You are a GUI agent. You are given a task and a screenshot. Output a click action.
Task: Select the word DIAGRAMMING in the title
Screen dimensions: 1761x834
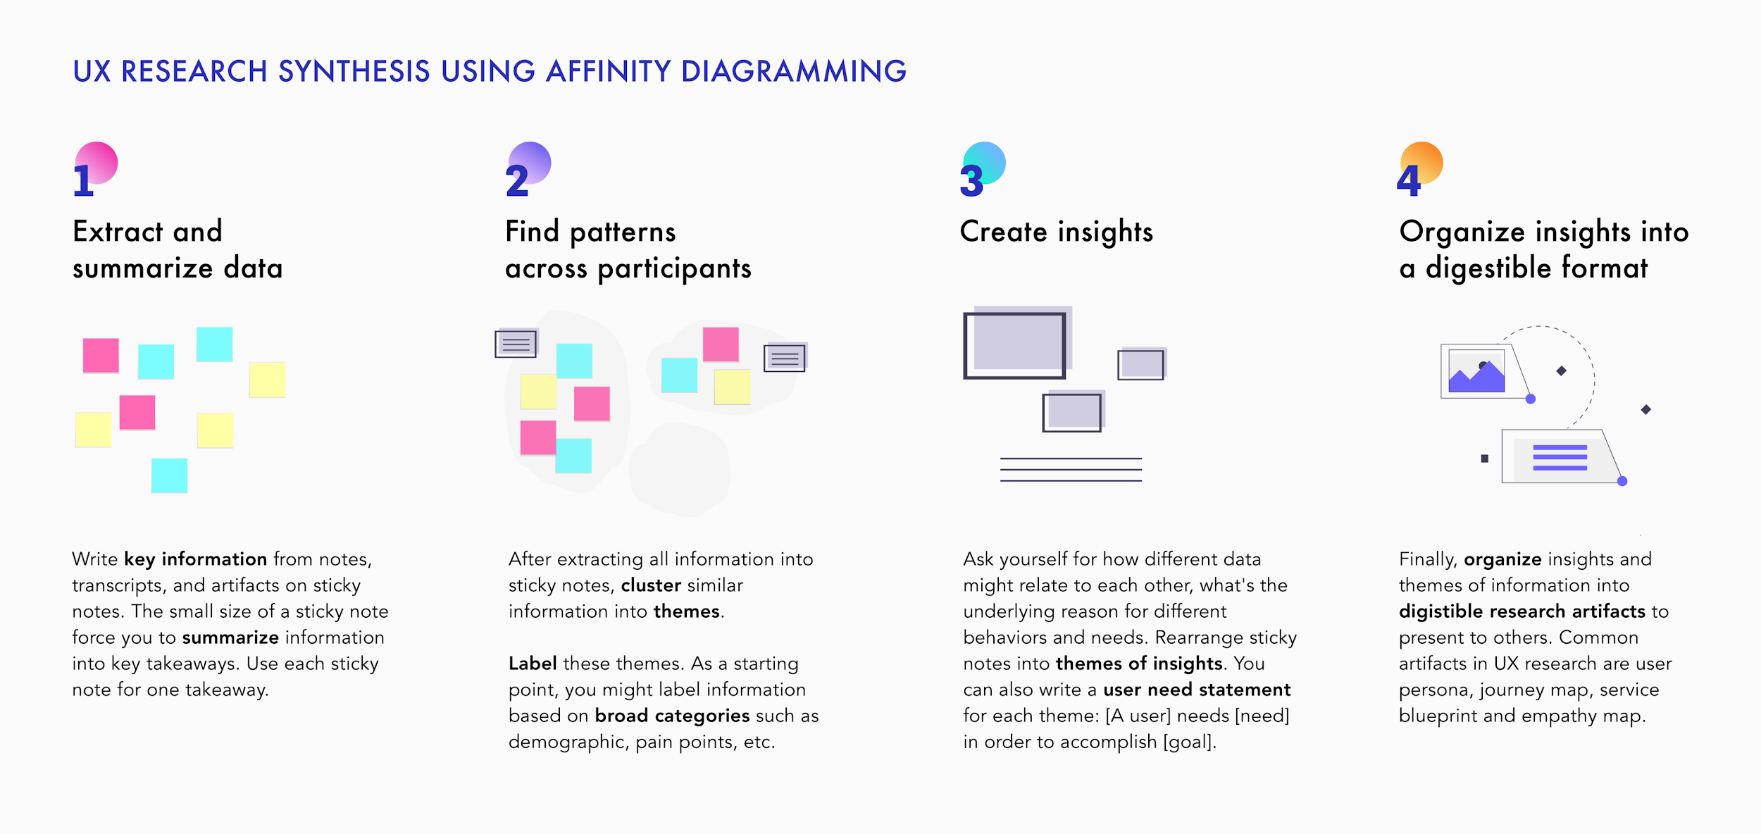[793, 71]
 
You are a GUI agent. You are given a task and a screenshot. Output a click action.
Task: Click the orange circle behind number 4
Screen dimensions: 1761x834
[1423, 162]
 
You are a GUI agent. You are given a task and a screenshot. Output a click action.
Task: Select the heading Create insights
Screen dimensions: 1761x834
[1056, 232]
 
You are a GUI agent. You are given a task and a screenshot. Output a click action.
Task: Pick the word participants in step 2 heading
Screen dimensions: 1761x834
[674, 269]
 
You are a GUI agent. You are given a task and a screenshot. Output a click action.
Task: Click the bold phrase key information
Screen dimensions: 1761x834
[196, 559]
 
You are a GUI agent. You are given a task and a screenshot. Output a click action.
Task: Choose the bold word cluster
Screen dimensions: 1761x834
[651, 585]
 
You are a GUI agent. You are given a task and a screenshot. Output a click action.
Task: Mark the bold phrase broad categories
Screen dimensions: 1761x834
[672, 716]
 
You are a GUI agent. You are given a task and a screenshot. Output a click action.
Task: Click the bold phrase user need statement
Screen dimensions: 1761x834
[1197, 690]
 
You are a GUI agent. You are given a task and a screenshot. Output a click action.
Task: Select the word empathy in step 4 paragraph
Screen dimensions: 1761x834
[1558, 716]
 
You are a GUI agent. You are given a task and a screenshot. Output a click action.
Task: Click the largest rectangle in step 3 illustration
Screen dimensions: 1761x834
[1014, 345]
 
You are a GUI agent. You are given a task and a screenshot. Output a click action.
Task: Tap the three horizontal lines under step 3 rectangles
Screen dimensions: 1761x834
[1071, 470]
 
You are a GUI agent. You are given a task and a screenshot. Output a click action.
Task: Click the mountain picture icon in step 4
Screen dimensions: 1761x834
[1476, 371]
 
